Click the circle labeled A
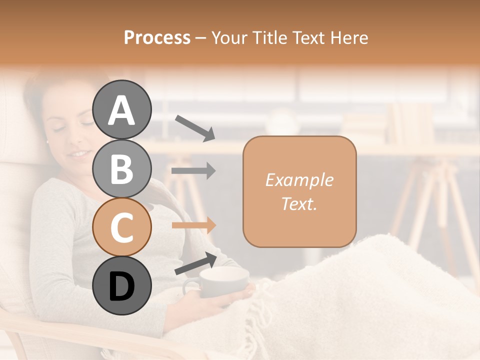121,109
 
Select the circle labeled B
121,168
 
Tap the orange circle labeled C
121,227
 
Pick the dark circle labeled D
121,285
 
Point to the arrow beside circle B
193,171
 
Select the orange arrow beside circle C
193,225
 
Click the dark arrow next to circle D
195,263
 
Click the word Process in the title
157,38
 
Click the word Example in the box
299,180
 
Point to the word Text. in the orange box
299,203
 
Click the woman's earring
47,142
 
